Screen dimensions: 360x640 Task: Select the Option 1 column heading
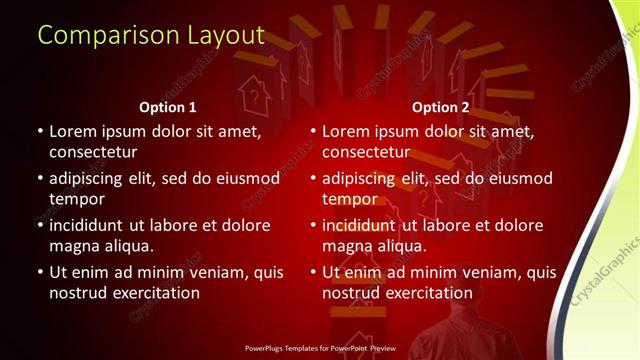pyautogui.click(x=166, y=107)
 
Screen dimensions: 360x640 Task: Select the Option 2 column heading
pyautogui.click(x=440, y=107)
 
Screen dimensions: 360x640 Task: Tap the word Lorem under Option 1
pyautogui.click(x=73, y=131)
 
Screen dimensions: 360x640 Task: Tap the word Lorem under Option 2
pyautogui.click(x=347, y=131)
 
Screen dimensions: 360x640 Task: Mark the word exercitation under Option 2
pyautogui.click(x=426, y=292)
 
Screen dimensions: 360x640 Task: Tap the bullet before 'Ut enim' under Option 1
pyautogui.click(x=38, y=272)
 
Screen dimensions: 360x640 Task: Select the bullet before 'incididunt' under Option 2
pyautogui.click(x=312, y=225)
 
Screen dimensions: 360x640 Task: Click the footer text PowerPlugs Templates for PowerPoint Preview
pyautogui.click(x=319, y=350)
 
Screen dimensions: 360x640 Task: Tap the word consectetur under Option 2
pyautogui.click(x=365, y=151)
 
